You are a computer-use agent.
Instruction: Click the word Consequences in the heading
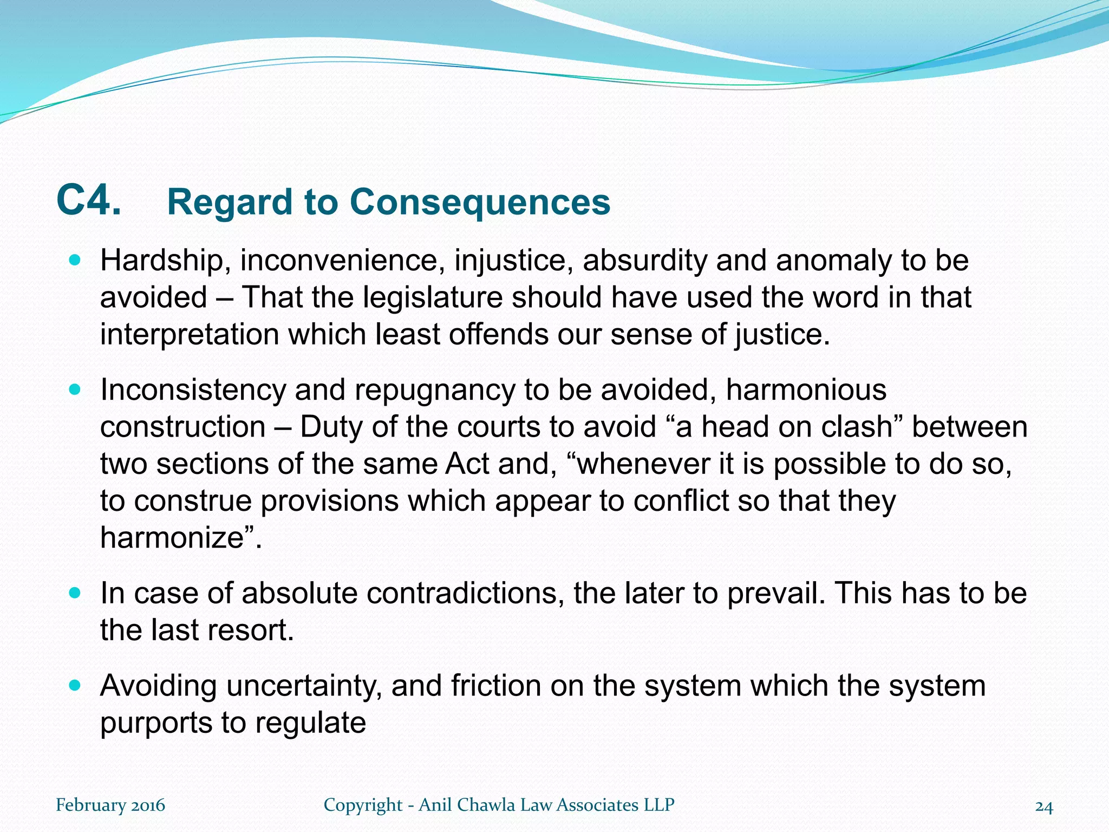pyautogui.click(x=480, y=202)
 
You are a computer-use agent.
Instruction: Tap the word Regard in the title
pyautogui.click(x=230, y=203)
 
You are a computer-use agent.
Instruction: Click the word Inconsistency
pyautogui.click(x=192, y=391)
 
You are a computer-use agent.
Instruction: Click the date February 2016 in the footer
pyautogui.click(x=110, y=805)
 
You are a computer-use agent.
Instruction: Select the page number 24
pyautogui.click(x=1044, y=807)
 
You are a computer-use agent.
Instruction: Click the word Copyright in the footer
pyautogui.click(x=363, y=805)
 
